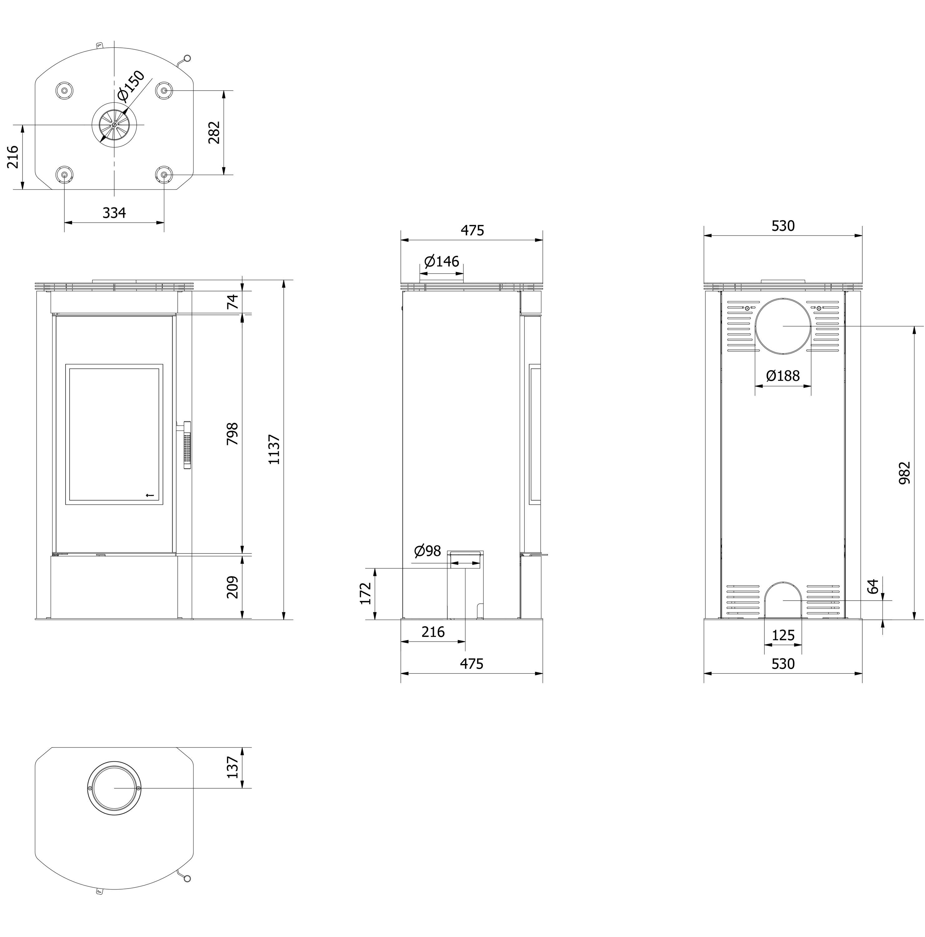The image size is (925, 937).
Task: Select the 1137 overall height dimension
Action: (x=274, y=449)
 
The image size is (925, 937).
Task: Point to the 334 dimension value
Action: (x=114, y=212)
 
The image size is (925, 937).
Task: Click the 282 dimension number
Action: (x=214, y=132)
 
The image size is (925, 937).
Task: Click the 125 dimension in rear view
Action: (x=783, y=635)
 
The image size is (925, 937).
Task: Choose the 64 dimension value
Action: (x=873, y=586)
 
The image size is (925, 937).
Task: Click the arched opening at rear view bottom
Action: (x=783, y=600)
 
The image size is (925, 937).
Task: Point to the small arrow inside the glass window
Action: (x=150, y=495)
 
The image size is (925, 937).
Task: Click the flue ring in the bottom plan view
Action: (x=114, y=788)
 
